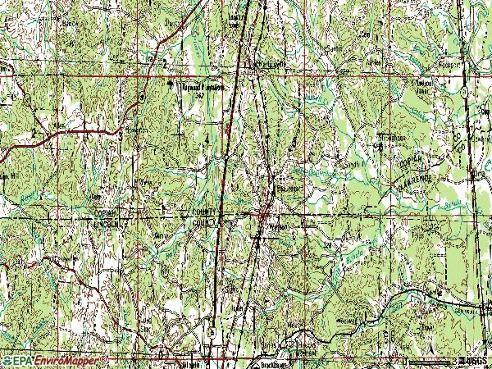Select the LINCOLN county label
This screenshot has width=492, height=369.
tap(107, 224)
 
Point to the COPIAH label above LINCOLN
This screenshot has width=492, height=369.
tap(107, 214)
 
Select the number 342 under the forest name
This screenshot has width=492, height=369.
tap(197, 95)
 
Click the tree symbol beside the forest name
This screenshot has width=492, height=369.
tap(172, 84)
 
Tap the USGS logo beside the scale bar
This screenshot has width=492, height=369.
tap(472, 360)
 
